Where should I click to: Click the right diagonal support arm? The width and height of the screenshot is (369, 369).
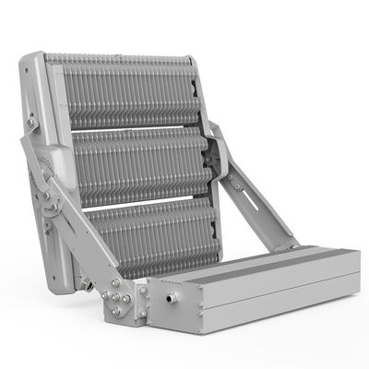258,208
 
